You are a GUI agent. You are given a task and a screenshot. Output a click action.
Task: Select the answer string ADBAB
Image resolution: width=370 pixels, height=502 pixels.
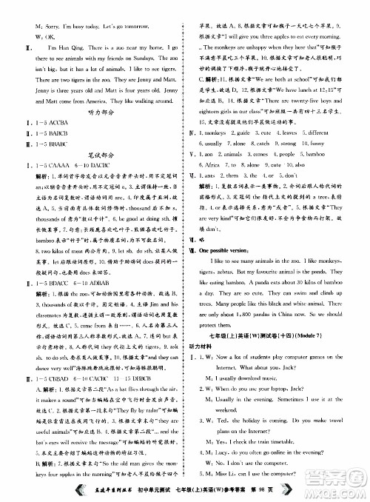(103, 285)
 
